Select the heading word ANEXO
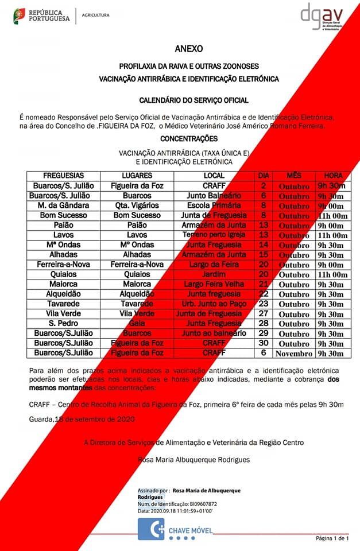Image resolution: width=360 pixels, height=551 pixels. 189,49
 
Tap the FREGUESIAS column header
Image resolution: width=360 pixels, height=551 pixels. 63,175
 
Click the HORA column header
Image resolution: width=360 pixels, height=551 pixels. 333,175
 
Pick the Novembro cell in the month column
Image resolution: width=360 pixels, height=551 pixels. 293,354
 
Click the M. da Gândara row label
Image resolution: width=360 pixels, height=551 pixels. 63,205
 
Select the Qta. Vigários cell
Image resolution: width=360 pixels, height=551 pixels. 137,205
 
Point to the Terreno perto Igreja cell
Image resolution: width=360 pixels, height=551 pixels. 214,235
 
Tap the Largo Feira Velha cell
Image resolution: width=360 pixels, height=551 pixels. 214,284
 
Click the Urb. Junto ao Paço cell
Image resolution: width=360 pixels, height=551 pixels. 214,304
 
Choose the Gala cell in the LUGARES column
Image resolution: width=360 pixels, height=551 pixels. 137,324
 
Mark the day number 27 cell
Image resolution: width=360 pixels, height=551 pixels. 264,313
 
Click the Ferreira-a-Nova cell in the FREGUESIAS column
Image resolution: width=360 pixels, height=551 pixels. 63,264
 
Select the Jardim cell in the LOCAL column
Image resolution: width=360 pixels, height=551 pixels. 214,274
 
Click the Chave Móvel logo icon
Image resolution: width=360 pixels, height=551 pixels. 151,529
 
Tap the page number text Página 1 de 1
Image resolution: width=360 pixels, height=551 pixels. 332,538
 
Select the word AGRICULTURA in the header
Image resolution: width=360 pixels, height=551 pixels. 95,15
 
